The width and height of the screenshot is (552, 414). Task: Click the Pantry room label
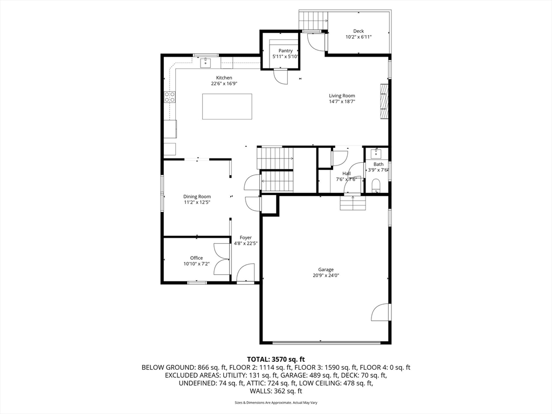(x=286, y=51)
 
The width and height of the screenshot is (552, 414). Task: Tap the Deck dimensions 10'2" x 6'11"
(x=358, y=37)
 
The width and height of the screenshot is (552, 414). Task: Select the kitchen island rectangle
(x=227, y=106)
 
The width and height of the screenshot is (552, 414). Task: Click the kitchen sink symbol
(x=205, y=64)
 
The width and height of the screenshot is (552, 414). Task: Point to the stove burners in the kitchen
(x=170, y=97)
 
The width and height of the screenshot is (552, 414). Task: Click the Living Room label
(x=342, y=96)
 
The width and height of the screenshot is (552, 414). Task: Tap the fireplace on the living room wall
(x=384, y=101)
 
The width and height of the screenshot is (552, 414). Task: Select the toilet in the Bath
(x=376, y=186)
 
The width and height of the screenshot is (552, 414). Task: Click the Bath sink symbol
(x=376, y=154)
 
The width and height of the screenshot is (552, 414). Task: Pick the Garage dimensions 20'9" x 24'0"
(x=326, y=275)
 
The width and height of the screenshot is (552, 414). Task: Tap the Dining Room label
(x=197, y=196)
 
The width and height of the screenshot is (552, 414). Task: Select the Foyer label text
(x=246, y=238)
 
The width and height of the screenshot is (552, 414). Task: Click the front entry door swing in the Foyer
(x=245, y=272)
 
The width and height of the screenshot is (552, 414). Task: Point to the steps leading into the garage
(x=353, y=203)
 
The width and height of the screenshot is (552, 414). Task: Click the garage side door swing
(x=381, y=312)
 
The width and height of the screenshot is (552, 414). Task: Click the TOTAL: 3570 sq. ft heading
(x=275, y=360)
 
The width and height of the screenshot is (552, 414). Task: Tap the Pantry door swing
(x=280, y=77)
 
